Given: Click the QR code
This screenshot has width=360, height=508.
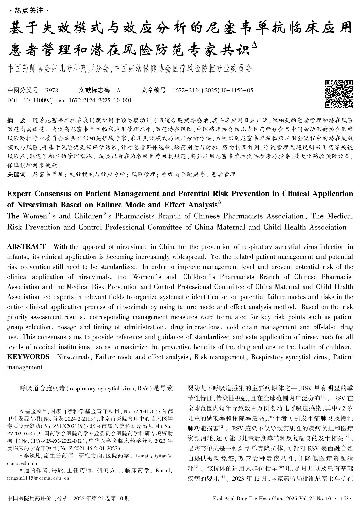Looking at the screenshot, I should [339, 93].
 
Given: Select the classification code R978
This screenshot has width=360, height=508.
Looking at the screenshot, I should [52, 91].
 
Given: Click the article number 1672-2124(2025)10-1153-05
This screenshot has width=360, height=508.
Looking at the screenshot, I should [213, 91].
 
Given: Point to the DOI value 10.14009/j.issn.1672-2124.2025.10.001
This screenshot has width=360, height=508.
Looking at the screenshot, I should [77, 100].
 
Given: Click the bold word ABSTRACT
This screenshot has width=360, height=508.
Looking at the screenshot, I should [26, 247].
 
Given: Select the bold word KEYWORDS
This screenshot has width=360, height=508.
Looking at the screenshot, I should [28, 357].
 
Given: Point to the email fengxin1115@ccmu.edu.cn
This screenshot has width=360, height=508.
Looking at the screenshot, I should [38, 478].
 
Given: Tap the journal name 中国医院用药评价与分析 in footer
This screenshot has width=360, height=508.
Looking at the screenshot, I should [38, 498].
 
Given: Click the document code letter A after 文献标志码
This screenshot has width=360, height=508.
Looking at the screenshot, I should [119, 91].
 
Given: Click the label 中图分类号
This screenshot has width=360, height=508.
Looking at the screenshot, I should [23, 91].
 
